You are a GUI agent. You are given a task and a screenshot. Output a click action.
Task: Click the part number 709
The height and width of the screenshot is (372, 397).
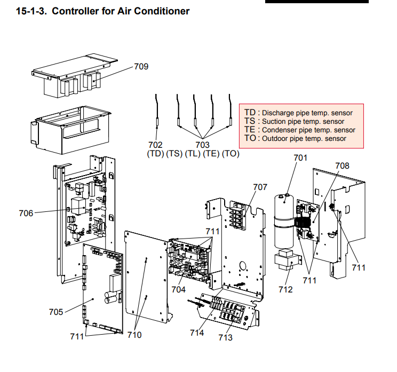tap(141, 67)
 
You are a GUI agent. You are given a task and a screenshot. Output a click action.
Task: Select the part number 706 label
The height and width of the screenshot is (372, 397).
tap(26, 213)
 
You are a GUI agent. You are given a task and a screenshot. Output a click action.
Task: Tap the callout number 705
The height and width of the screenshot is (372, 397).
tap(55, 312)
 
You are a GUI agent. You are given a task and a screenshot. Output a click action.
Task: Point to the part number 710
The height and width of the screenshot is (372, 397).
tap(134, 335)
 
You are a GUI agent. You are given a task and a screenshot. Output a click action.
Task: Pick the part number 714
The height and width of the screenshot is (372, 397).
tap(196, 333)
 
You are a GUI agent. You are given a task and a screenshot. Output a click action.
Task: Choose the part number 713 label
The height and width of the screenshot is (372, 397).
tap(225, 337)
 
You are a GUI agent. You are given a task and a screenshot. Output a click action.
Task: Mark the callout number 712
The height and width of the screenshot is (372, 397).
tap(285, 290)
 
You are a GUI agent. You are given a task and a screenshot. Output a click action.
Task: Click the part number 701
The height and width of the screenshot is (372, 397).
tap(301, 157)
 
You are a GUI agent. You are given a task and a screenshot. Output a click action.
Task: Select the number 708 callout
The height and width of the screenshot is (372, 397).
tap(342, 165)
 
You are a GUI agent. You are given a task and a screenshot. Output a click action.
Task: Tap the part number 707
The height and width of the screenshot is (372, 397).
tap(260, 187)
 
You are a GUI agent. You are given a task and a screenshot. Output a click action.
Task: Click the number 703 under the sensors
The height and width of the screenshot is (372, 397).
tap(202, 144)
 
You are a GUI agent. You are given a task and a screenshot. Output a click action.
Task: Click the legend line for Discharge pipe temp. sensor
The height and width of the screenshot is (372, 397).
tap(298, 113)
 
